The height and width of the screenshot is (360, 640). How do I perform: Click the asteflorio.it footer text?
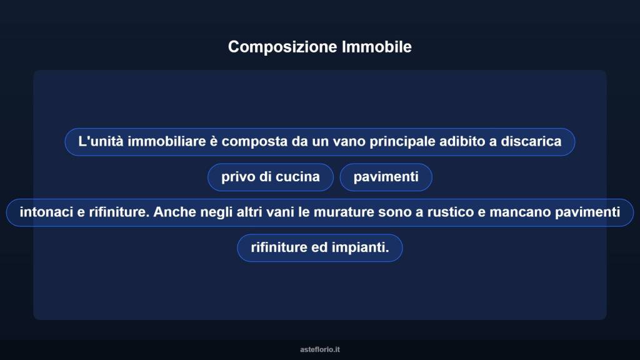pos(320,349)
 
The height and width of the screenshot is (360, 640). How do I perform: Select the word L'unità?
pos(101,141)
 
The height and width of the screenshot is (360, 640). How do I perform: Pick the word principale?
pos(402,141)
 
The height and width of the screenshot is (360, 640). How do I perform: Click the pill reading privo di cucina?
pos(270,177)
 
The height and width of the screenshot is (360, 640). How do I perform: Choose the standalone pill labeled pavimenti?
pos(386,177)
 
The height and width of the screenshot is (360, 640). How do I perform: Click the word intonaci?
pos(47,212)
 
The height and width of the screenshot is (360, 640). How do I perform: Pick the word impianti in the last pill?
pos(362,247)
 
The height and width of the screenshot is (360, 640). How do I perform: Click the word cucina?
pos(298,177)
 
